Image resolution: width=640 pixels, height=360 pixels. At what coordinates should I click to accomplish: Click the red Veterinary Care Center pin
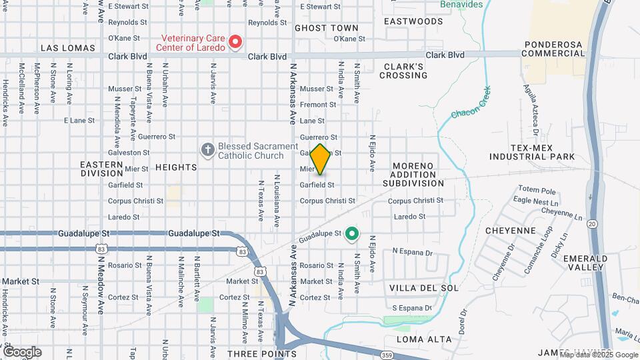click(x=235, y=43)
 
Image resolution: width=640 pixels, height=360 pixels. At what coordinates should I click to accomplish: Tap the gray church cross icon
click(x=208, y=149)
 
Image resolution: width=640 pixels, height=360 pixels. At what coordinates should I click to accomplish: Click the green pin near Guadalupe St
click(x=352, y=234)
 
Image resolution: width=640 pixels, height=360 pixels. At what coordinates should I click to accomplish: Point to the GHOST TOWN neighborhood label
click(x=326, y=29)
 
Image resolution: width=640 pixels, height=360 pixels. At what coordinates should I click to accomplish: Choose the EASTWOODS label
click(x=413, y=21)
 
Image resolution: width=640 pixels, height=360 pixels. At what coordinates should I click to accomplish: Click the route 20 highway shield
click(x=592, y=224)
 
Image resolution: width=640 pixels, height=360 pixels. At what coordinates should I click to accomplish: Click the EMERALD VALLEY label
click(x=585, y=262)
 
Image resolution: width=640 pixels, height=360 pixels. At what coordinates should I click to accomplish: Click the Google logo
click(x=22, y=351)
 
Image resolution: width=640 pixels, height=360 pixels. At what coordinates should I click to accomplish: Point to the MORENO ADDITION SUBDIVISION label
click(x=418, y=174)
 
